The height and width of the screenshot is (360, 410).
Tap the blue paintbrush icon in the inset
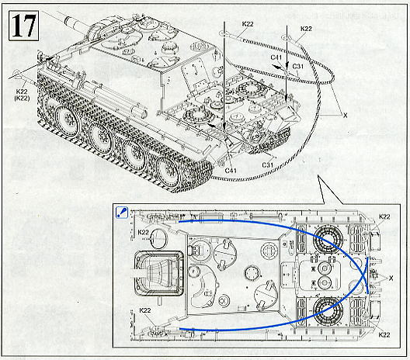tap(122, 211)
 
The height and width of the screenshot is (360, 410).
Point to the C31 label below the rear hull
tap(268, 164)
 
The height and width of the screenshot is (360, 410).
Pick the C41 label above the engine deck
tap(276, 57)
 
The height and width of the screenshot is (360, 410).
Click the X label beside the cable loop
tap(344, 115)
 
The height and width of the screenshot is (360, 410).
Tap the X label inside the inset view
tap(398, 276)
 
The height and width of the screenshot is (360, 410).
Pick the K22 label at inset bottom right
tap(384, 335)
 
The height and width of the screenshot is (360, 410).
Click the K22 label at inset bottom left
tap(144, 311)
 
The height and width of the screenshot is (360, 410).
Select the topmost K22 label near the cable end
tap(248, 25)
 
